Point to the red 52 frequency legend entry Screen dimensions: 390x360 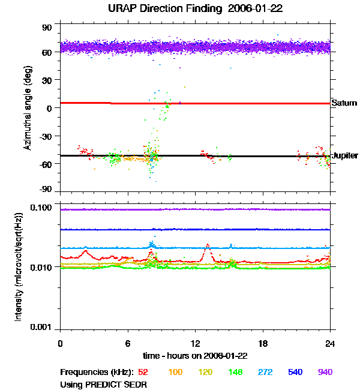143,372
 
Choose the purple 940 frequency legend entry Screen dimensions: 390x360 325,372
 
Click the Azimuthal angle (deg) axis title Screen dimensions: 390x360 28,108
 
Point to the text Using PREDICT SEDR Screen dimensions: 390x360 103,385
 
